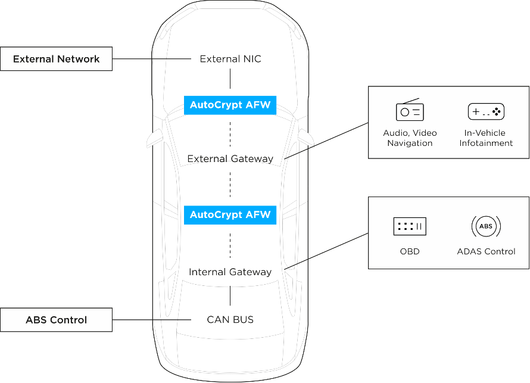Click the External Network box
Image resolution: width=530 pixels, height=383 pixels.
(x=56, y=59)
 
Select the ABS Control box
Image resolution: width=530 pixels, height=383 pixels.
(x=56, y=320)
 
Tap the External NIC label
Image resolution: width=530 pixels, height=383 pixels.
(x=230, y=59)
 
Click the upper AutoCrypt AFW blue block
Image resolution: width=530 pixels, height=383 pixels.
(x=230, y=105)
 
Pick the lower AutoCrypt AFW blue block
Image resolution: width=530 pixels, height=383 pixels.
(x=230, y=215)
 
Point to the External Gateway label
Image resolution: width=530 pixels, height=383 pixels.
(x=230, y=158)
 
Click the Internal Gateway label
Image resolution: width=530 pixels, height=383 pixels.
(x=230, y=272)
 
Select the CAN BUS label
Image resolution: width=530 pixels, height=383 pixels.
(x=230, y=319)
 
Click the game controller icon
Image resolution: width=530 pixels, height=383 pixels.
(x=486, y=111)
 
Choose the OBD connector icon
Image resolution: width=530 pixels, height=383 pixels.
(x=410, y=226)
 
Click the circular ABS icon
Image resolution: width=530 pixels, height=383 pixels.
(x=486, y=226)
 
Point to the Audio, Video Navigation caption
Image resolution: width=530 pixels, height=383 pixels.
(x=410, y=138)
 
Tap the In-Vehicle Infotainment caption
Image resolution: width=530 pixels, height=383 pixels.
(x=486, y=138)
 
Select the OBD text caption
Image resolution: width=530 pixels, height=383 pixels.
(x=410, y=251)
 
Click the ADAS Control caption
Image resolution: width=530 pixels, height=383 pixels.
(x=486, y=251)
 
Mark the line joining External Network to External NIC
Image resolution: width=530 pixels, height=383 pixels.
(x=152, y=59)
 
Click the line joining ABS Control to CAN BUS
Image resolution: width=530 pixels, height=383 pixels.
(x=152, y=320)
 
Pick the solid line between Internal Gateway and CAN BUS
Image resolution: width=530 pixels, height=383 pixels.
(x=230, y=296)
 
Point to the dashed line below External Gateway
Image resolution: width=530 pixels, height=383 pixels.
(x=230, y=185)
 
